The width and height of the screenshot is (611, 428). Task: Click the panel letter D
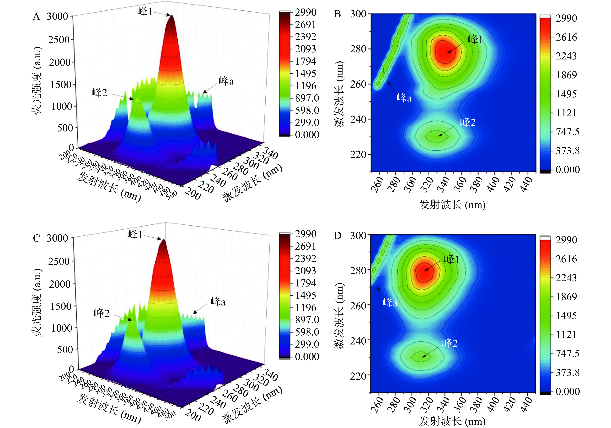point(338,236)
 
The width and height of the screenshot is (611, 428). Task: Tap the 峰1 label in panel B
point(475,40)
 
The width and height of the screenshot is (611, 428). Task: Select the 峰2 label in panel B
point(468,122)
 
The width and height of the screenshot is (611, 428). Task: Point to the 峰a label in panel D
point(390,303)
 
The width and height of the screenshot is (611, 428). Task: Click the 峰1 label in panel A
point(145,12)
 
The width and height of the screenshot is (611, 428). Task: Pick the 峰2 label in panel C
point(102,313)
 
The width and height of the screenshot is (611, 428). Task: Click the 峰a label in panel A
point(226,81)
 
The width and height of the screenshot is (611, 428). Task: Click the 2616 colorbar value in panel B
point(566,37)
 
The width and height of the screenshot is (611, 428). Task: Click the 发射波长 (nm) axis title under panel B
point(452,205)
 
